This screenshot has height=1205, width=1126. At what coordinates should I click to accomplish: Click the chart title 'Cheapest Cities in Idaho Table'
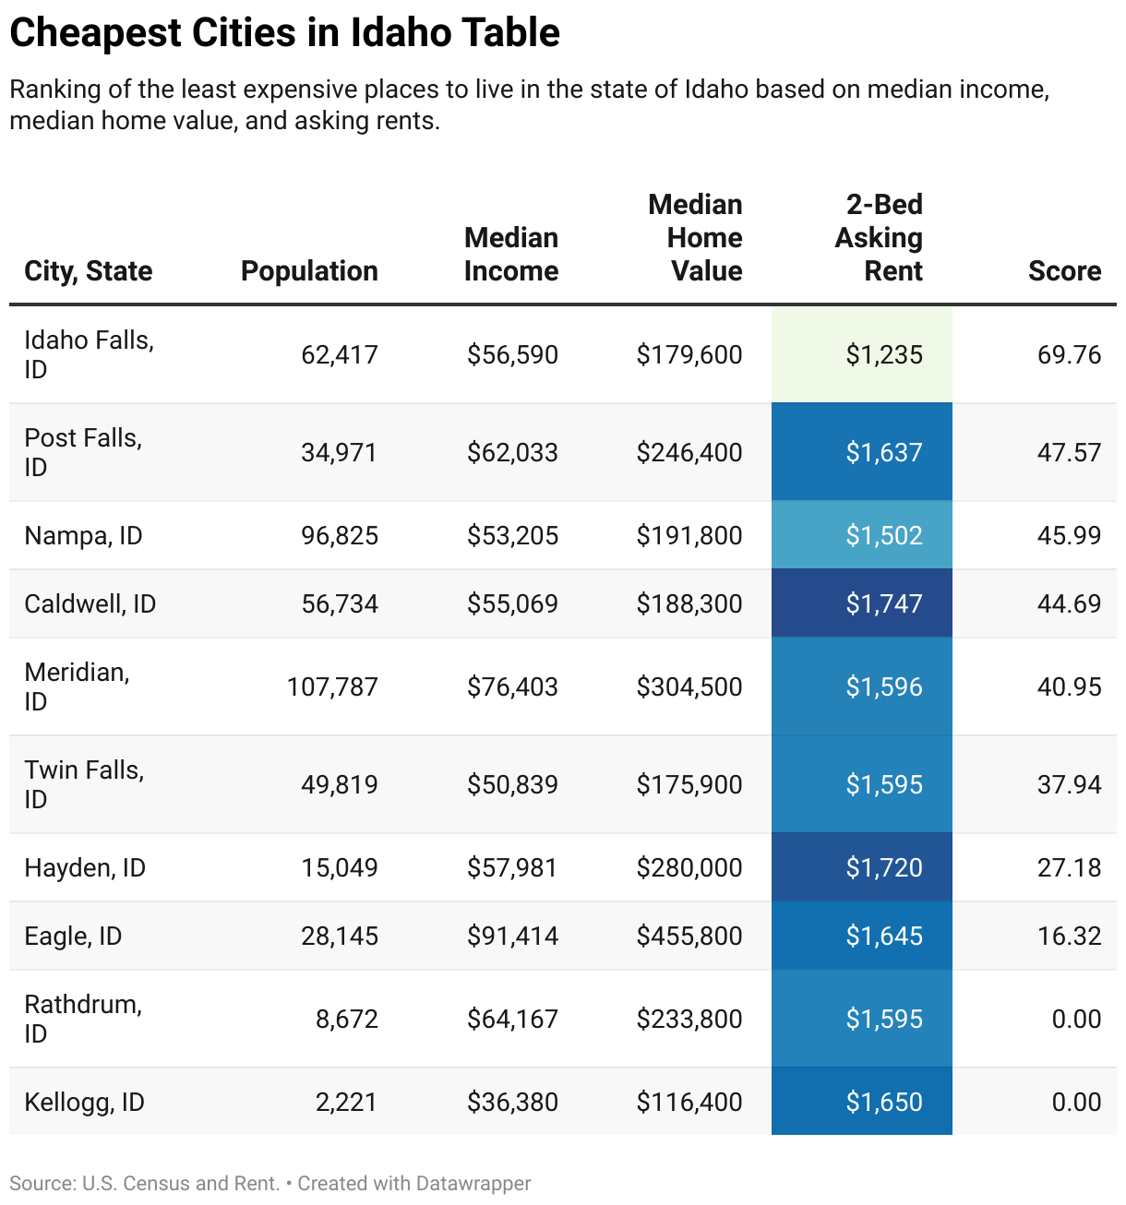click(x=284, y=33)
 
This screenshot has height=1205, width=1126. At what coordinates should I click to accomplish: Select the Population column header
click(x=309, y=270)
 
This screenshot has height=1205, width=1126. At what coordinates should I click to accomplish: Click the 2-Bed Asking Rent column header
click(x=879, y=237)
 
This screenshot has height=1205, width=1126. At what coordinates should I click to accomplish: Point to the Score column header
click(x=1064, y=270)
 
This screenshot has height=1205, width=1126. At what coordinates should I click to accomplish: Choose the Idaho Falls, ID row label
click(x=89, y=354)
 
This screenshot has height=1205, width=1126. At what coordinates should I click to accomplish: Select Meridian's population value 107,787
click(x=332, y=686)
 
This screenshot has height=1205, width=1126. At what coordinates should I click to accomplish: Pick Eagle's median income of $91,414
click(x=512, y=936)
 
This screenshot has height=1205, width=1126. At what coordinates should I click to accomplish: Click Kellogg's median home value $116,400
click(x=689, y=1102)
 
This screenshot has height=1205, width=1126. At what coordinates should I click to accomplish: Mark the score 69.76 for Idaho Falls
click(x=1069, y=354)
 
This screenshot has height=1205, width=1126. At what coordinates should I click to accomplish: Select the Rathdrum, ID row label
click(x=83, y=1019)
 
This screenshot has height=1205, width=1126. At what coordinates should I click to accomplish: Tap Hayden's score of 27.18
click(x=1069, y=867)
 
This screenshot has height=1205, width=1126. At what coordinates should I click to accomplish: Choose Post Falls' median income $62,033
click(x=512, y=452)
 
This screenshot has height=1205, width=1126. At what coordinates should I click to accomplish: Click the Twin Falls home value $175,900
click(x=689, y=784)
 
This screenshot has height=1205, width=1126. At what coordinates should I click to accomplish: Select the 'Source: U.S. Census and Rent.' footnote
click(x=144, y=1183)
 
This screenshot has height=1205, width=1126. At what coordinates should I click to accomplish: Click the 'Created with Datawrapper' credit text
click(x=414, y=1183)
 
